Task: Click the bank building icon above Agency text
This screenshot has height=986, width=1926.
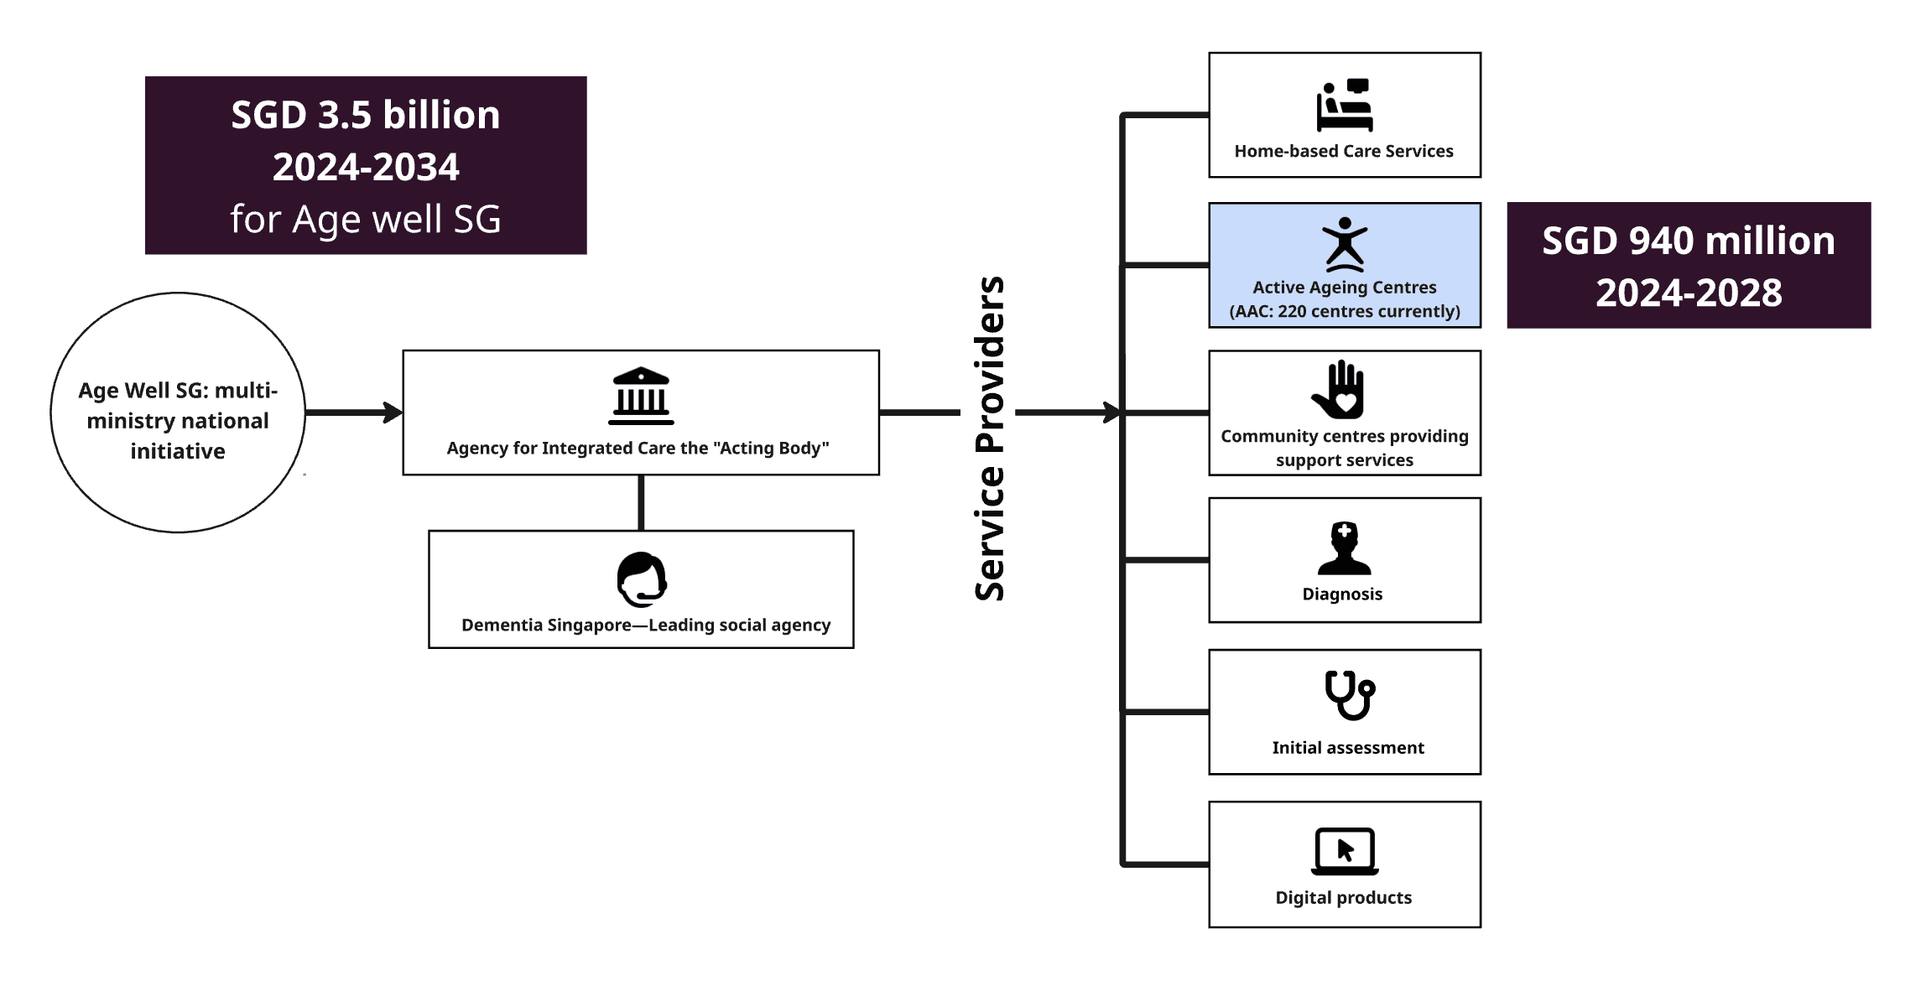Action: coord(641,396)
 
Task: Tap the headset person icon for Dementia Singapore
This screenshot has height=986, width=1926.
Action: coord(642,579)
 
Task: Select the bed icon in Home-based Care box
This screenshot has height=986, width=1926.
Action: coord(1344,106)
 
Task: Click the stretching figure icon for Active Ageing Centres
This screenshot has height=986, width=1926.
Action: coord(1345,245)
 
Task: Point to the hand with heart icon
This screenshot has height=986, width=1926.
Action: coord(1340,390)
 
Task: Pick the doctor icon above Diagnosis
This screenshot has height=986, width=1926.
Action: coord(1344,548)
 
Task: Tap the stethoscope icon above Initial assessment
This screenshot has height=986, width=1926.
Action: coord(1349,694)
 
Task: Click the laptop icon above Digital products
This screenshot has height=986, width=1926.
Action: coord(1344,852)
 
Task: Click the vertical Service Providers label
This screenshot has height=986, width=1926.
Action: coord(990,438)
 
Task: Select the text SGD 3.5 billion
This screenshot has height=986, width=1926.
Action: coord(366,115)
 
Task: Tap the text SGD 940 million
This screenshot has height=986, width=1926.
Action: coord(1688,241)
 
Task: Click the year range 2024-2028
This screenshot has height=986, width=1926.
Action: coord(1688,293)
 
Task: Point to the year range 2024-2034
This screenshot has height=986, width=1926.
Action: coord(366,167)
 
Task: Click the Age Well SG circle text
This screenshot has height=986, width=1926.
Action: coord(178,421)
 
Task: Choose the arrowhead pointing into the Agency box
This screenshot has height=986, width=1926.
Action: coord(393,413)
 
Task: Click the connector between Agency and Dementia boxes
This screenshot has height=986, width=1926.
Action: coord(641,502)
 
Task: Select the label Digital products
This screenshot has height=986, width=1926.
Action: coord(1343,898)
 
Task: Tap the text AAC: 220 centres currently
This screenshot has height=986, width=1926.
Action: coord(1345,311)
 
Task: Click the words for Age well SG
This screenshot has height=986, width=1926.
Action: coord(366,220)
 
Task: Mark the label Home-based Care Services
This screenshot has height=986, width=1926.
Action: coord(1343,152)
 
